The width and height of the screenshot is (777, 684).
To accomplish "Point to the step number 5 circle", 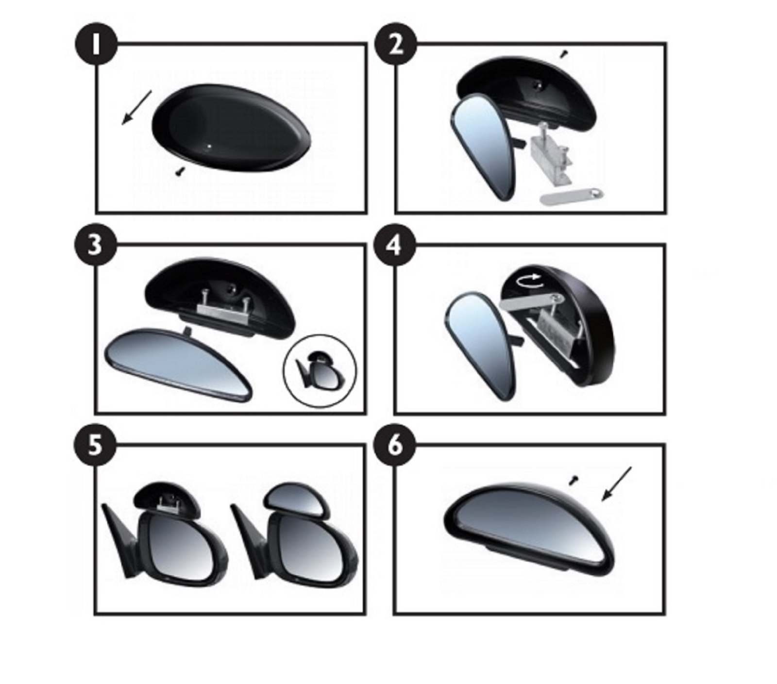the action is pyautogui.click(x=95, y=445).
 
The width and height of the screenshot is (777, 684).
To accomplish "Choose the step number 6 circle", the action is pyautogui.click(x=395, y=445).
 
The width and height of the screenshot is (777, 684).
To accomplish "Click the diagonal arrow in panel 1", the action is pyautogui.click(x=136, y=107).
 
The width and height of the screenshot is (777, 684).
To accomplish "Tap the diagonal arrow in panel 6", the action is pyautogui.click(x=617, y=484).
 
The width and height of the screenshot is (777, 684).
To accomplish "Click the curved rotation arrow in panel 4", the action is pyautogui.click(x=528, y=280).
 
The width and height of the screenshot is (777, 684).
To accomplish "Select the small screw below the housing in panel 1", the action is pyautogui.click(x=180, y=171).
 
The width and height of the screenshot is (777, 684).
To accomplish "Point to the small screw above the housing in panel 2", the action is pyautogui.click(x=565, y=53).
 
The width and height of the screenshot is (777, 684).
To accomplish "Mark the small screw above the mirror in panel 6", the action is pyautogui.click(x=573, y=480).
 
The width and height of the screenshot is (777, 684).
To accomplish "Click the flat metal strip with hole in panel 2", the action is pyautogui.click(x=573, y=197).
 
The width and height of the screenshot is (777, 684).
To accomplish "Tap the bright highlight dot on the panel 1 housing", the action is pyautogui.click(x=209, y=146).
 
